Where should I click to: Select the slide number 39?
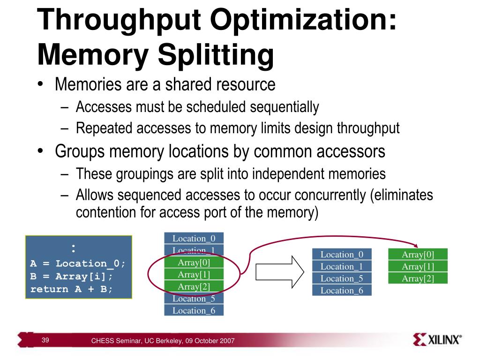(x=45, y=340)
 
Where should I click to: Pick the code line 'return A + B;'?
(x=72, y=289)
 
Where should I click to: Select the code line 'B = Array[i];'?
(x=72, y=276)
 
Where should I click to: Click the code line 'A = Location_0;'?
(x=78, y=263)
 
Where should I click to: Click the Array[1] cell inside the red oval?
(x=194, y=274)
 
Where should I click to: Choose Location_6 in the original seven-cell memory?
(x=194, y=310)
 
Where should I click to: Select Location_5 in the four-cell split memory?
(x=342, y=278)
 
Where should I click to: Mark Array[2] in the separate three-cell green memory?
(x=418, y=278)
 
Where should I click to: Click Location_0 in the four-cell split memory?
(x=342, y=255)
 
